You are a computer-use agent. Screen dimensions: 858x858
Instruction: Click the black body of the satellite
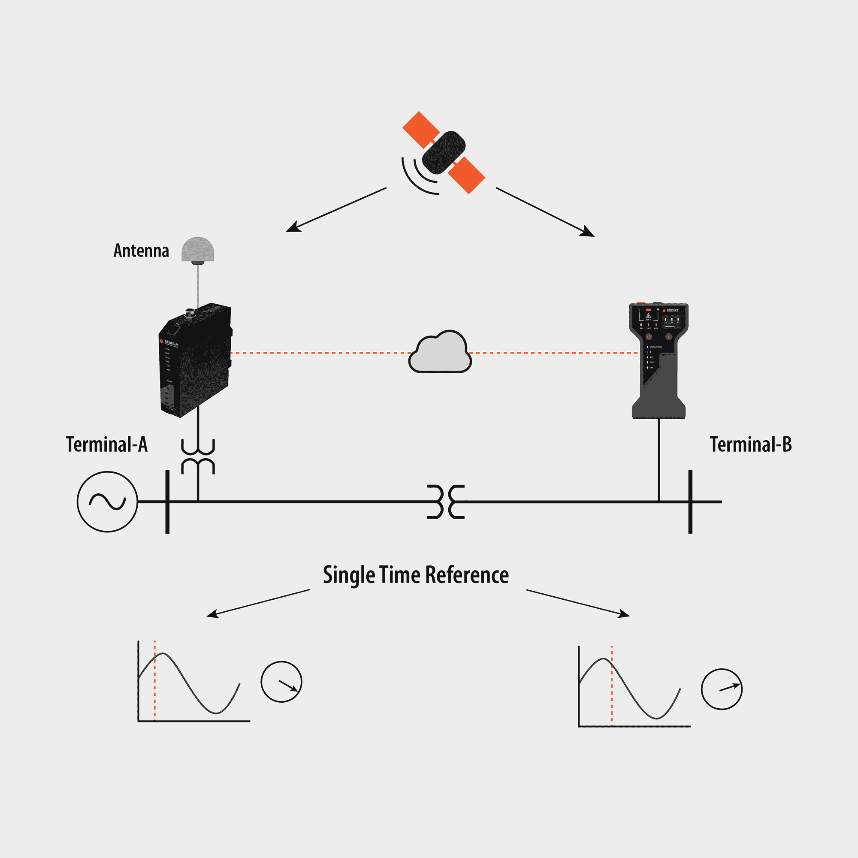pos(443,152)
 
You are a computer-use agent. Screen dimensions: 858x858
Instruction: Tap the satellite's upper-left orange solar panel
pos(420,129)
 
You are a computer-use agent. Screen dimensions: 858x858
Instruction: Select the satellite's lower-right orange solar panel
pos(466,175)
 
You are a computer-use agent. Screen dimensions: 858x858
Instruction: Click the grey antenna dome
pos(198,250)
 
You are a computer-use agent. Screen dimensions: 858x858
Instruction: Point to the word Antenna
pos(141,251)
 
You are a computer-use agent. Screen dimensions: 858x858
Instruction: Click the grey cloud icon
pos(440,353)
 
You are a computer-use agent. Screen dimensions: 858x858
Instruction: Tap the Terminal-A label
pos(106,444)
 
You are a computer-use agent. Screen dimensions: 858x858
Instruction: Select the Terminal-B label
pos(750,444)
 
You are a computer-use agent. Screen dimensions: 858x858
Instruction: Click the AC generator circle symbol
pos(107,502)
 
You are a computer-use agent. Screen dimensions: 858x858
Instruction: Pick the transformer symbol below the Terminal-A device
pos(198,457)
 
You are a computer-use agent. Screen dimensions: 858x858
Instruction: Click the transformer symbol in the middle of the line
pos(446,502)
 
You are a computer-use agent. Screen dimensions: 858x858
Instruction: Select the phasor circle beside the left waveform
pos(281,682)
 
